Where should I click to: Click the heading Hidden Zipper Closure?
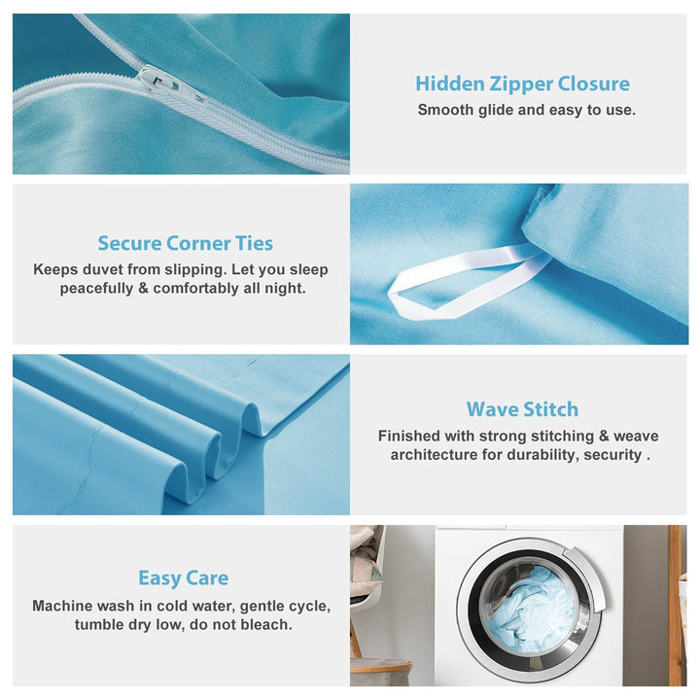click(522, 84)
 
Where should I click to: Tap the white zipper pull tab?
click(172, 84)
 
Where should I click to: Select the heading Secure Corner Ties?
click(186, 243)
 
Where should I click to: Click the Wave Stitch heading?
click(522, 409)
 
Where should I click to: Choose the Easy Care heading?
click(184, 578)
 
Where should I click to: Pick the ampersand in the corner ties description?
click(143, 289)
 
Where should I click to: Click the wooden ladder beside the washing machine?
click(677, 605)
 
